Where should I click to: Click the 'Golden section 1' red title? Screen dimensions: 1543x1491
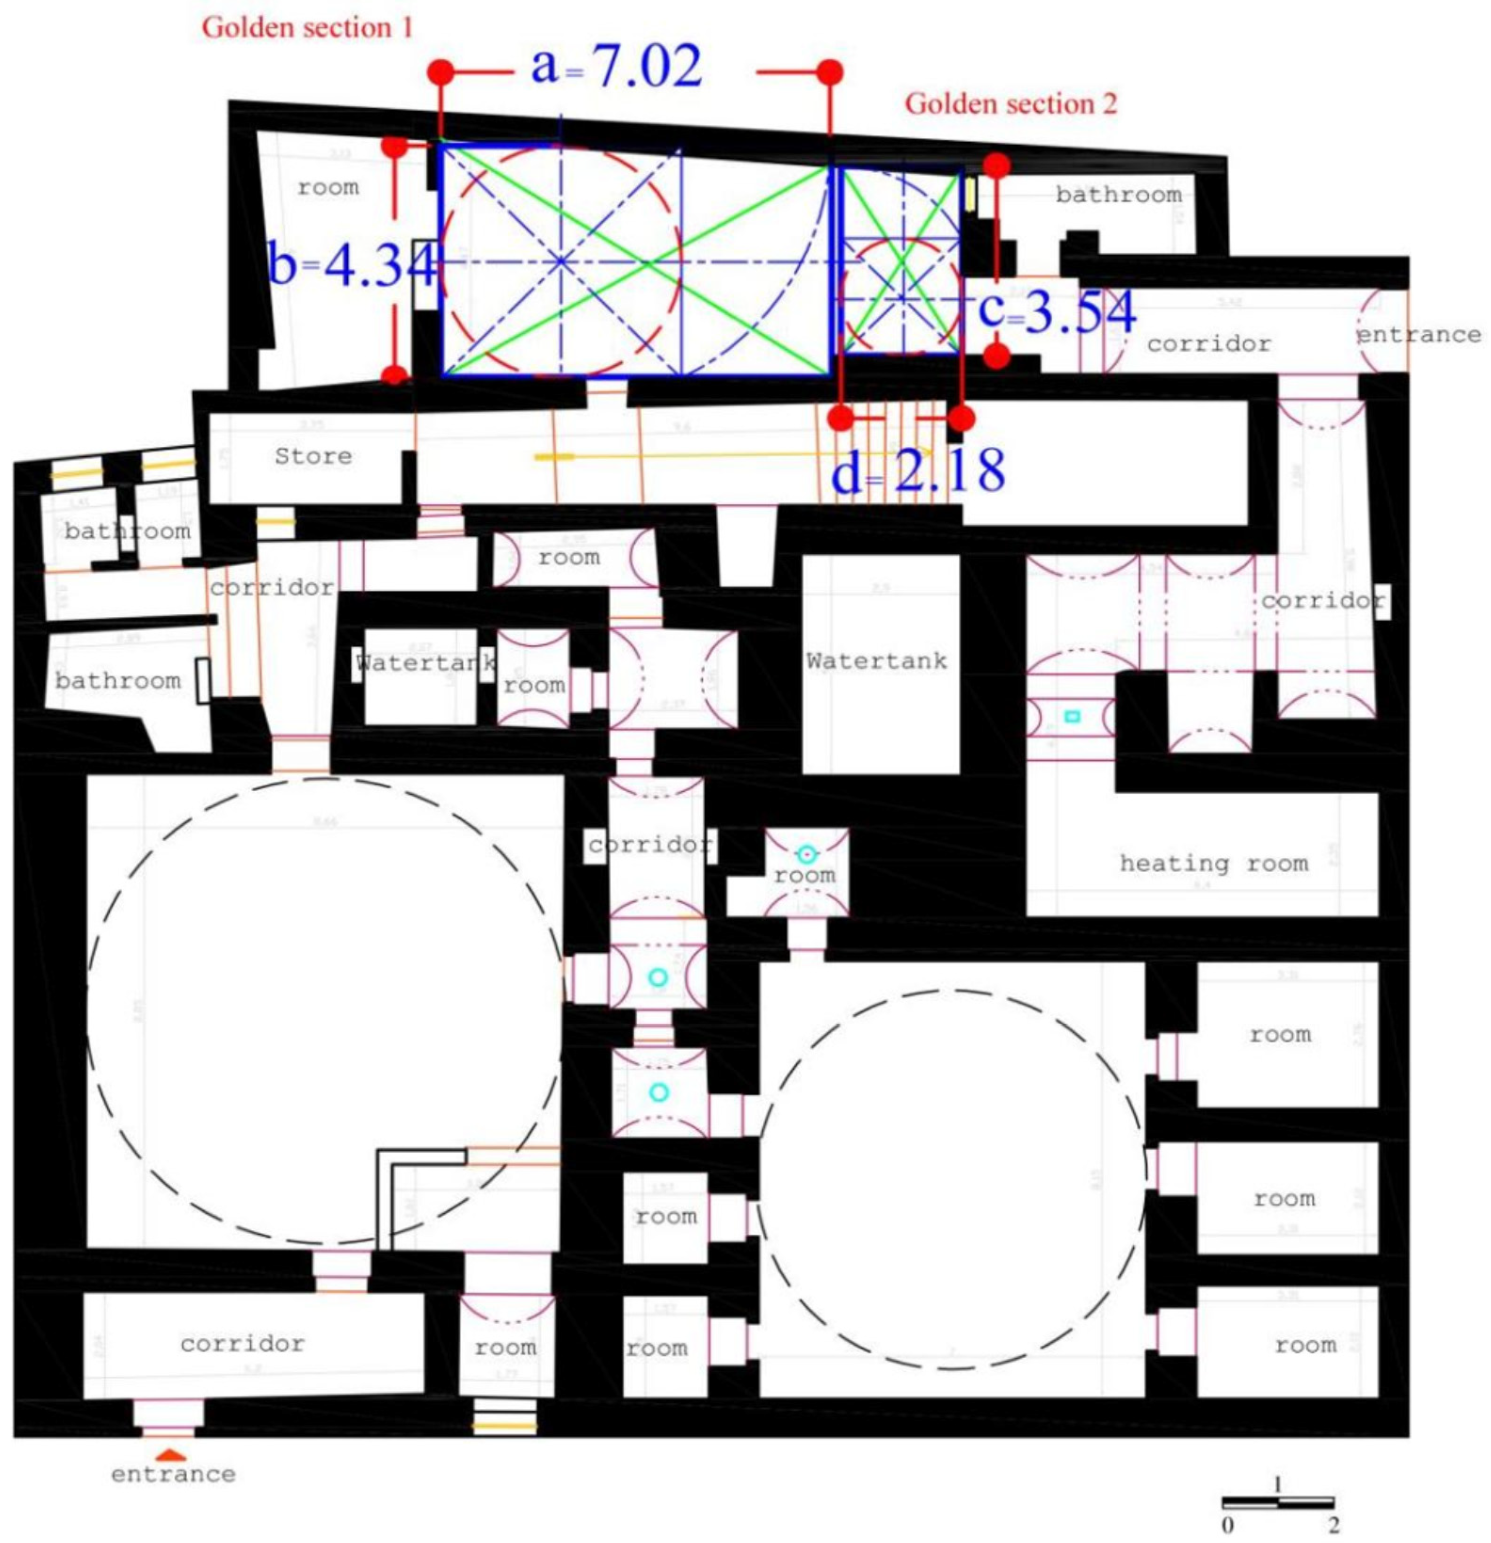coord(307,28)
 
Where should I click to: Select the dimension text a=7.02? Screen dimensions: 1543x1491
coord(616,68)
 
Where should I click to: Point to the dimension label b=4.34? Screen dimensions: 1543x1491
coord(352,265)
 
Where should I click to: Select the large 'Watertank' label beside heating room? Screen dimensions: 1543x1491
coord(876,660)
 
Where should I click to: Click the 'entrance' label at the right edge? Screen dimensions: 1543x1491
coord(1418,335)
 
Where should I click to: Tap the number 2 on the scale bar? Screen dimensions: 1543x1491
coord(1333,1525)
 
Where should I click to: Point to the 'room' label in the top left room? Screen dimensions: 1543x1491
coord(328,187)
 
